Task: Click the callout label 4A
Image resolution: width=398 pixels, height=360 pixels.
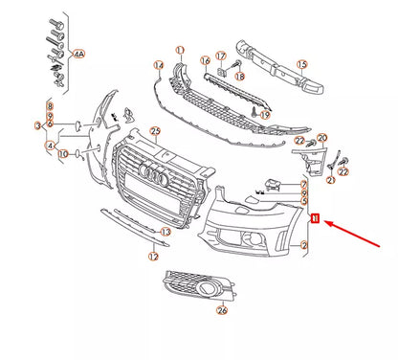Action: click(78, 56)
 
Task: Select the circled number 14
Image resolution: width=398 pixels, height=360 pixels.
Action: click(159, 65)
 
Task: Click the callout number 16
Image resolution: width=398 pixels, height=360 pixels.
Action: click(204, 60)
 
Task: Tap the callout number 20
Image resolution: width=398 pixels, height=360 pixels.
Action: click(321, 140)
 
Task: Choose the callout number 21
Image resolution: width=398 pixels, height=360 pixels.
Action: click(332, 177)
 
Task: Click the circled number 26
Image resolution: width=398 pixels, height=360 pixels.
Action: click(223, 309)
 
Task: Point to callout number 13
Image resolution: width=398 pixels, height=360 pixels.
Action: click(166, 232)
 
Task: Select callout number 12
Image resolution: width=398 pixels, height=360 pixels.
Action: click(152, 257)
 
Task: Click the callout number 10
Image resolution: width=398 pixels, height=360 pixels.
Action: click(62, 152)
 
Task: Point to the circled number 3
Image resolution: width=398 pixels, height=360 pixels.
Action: click(39, 125)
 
